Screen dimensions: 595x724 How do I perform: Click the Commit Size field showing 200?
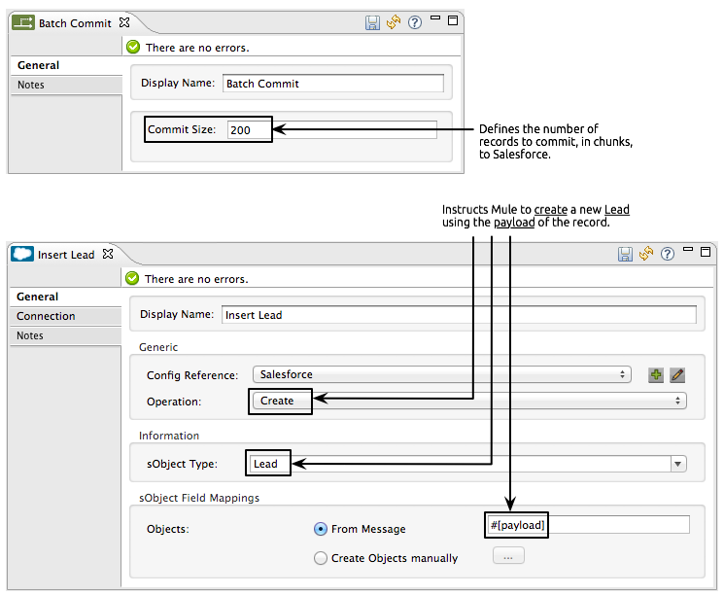[x=249, y=130]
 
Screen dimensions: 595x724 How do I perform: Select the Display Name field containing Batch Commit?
[x=332, y=84]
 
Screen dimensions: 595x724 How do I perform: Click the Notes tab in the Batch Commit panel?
[x=31, y=85]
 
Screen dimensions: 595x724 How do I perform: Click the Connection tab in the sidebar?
[x=46, y=316]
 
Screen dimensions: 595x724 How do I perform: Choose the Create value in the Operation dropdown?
[x=278, y=401]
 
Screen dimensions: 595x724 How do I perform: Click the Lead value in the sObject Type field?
[x=266, y=464]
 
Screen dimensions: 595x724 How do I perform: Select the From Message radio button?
[x=321, y=529]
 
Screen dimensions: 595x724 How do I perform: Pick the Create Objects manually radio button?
[x=321, y=558]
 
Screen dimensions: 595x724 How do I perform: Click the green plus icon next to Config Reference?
[x=656, y=374]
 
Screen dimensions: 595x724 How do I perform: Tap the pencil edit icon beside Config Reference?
[x=677, y=374]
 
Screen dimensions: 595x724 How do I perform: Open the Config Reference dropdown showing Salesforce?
[x=441, y=374]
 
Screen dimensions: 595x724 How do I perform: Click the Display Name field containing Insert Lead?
[x=459, y=315]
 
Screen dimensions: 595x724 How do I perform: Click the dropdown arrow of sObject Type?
[x=678, y=464]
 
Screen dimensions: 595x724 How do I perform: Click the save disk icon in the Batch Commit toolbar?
[x=373, y=22]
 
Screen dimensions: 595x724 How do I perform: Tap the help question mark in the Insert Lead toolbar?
[x=667, y=254]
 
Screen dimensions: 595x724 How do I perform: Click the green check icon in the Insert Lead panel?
[x=132, y=279]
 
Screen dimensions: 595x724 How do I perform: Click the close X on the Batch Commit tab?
[x=123, y=22]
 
